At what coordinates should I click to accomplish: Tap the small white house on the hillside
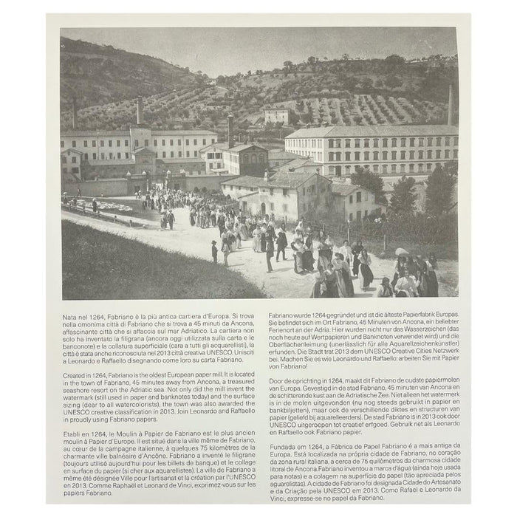276,115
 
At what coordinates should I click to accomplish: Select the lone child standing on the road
214,252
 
